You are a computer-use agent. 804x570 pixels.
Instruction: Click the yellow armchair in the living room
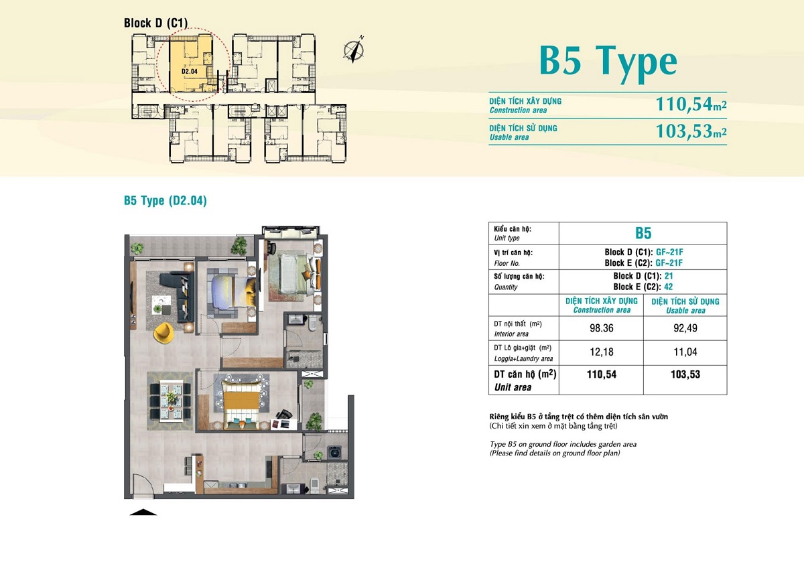(163, 333)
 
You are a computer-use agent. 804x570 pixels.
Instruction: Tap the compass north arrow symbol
(354, 50)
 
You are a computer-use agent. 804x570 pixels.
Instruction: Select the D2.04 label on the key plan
(190, 72)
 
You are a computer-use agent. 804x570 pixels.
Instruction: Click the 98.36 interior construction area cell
(602, 328)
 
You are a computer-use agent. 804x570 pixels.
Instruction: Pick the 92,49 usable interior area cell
(685, 328)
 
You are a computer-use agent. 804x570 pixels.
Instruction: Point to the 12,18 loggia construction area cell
(602, 352)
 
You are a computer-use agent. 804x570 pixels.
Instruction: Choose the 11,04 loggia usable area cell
(685, 352)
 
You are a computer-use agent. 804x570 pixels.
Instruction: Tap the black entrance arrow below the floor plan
(143, 512)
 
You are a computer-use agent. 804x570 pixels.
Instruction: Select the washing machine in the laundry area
(334, 452)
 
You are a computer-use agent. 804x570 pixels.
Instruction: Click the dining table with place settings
(171, 400)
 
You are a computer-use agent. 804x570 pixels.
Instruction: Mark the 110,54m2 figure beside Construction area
(691, 104)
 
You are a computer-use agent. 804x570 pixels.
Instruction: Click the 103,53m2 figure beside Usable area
(691, 131)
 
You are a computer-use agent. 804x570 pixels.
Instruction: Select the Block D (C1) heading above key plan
(155, 23)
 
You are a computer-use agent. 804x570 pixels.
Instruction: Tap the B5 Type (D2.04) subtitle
(165, 200)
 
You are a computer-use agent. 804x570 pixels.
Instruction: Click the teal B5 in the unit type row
(643, 233)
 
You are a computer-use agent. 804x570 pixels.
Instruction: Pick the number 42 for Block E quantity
(669, 287)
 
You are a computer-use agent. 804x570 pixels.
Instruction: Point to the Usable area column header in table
(685, 305)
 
